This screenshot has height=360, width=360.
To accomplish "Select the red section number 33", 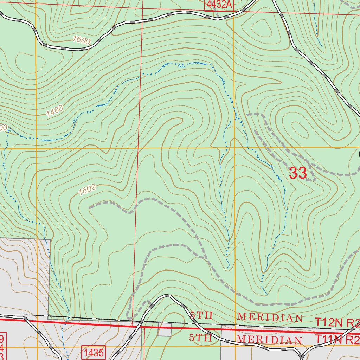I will coord(298,173).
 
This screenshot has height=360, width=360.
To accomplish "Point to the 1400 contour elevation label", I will coord(54,111).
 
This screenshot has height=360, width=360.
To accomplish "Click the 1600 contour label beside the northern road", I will coord(82,40).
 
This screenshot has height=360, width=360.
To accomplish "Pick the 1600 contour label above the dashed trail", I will coord(87,190).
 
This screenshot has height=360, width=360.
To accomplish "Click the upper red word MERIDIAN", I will coord(270,317).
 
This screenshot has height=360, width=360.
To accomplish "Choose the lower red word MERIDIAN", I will coord(270,340).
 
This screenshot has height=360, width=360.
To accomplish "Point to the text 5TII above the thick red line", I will coord(201,315).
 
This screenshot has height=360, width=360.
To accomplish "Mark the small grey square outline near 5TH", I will coord(165,329).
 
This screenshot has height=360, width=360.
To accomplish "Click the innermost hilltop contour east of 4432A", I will coord(261,27).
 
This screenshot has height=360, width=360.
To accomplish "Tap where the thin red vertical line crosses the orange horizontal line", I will coord(138,148).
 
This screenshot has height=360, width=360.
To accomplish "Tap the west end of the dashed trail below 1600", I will coord(90,207).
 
